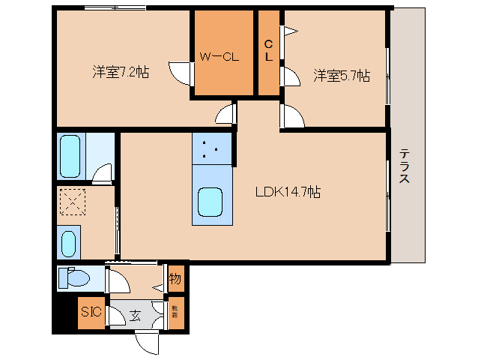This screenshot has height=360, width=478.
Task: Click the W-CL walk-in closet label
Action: point(218,56)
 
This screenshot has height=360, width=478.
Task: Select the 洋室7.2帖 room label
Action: point(121,73)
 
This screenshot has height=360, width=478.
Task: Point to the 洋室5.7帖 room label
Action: point(341,75)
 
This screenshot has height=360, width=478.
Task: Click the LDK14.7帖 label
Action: point(288,192)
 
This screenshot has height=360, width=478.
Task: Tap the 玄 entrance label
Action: point(136,315)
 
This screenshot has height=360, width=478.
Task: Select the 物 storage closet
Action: point(175,280)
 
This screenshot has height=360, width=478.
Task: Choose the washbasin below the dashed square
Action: point(68,243)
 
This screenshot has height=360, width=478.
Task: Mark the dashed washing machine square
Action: point(73,201)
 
